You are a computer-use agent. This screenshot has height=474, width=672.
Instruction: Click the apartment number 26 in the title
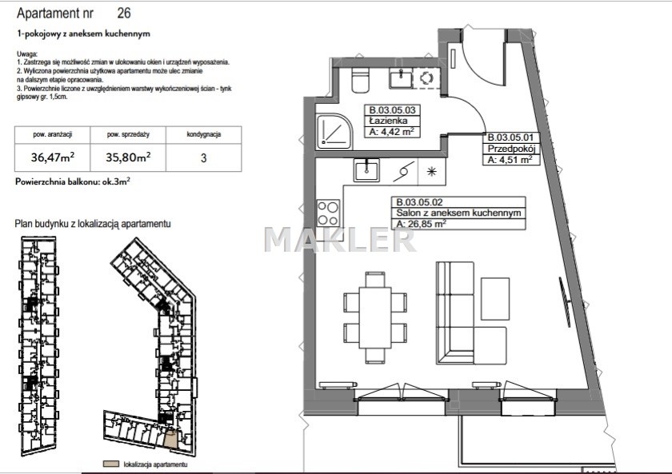(124, 13)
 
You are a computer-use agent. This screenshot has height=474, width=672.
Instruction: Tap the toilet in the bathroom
(360, 81)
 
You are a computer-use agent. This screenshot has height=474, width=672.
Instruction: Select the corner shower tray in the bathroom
(334, 131)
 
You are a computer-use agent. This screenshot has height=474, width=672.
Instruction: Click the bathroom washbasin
(401, 79)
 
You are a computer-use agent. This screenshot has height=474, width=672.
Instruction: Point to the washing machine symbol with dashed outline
(426, 78)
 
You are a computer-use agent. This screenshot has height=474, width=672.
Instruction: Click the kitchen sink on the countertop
(366, 169)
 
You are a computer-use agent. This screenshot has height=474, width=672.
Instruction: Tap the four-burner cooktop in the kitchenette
(328, 213)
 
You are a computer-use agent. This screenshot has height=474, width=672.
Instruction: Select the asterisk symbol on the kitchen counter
(431, 172)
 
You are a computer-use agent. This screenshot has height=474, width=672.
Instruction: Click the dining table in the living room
(375, 317)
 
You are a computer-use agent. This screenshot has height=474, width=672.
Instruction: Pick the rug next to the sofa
(495, 298)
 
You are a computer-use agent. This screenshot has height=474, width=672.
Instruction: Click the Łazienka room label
(388, 121)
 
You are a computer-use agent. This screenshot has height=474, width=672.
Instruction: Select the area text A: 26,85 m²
(422, 224)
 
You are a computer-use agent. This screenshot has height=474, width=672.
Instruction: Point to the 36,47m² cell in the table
(52, 157)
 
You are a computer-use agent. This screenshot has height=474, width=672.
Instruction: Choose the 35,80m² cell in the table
(128, 157)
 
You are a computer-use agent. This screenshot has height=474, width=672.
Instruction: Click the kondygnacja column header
(203, 134)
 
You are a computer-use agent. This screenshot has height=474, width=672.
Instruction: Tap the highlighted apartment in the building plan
(171, 440)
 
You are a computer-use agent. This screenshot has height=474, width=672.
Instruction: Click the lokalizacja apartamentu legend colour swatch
(111, 464)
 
